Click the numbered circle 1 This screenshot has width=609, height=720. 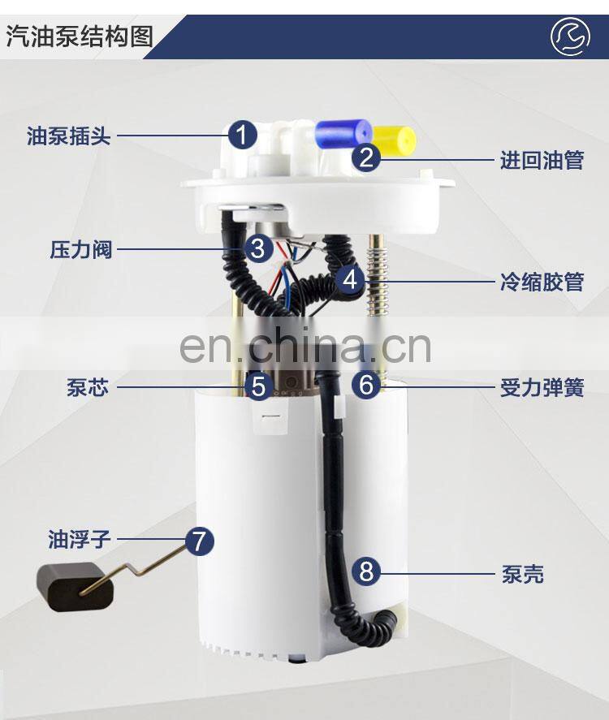[x=243, y=135]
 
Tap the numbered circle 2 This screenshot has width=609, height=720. [x=366, y=157]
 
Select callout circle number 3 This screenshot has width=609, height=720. [x=258, y=248]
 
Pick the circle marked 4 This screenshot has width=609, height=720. [x=350, y=279]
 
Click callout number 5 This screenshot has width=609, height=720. [x=258, y=386]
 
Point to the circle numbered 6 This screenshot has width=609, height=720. [x=366, y=384]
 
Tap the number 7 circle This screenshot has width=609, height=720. [x=200, y=541]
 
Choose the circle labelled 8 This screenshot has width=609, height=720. [x=366, y=572]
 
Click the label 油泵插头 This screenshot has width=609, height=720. [x=68, y=136]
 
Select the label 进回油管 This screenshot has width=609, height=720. [x=542, y=160]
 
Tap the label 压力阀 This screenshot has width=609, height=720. [x=81, y=250]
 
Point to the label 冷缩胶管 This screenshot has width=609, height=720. [x=542, y=282]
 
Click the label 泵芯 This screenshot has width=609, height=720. [x=88, y=387]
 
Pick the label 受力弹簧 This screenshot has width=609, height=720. [x=542, y=387]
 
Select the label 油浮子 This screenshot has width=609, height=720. [x=80, y=539]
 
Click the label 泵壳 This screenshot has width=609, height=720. [x=523, y=574]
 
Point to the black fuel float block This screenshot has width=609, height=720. [x=75, y=587]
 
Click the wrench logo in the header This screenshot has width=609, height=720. [x=570, y=37]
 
